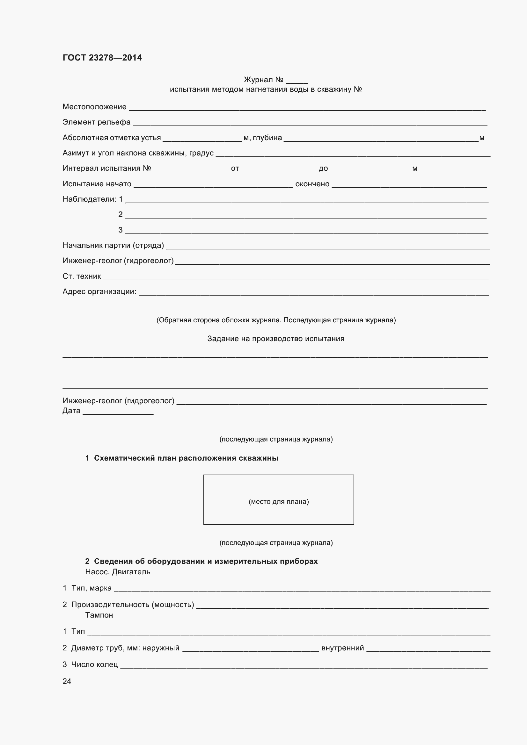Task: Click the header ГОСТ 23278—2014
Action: point(102,58)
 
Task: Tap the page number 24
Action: point(67,681)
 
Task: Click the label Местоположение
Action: point(94,107)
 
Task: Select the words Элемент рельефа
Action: point(96,122)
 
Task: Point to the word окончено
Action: point(312,184)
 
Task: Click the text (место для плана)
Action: point(279,502)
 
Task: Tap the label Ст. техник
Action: point(82,276)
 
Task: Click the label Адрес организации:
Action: point(99,291)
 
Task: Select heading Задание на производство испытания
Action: point(276,339)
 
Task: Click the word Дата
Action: point(71,411)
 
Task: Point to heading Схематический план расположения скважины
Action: point(186,458)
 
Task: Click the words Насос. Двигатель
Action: point(118,572)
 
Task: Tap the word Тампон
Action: point(99,615)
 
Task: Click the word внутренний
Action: point(343,648)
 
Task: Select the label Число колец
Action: point(94,664)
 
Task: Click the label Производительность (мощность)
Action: point(133,605)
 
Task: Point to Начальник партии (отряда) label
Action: point(113,245)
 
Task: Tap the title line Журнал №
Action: point(264,80)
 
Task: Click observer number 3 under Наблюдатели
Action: point(121,230)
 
